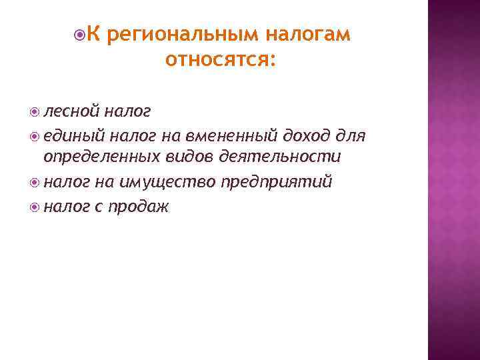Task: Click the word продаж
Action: [x=141, y=207]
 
